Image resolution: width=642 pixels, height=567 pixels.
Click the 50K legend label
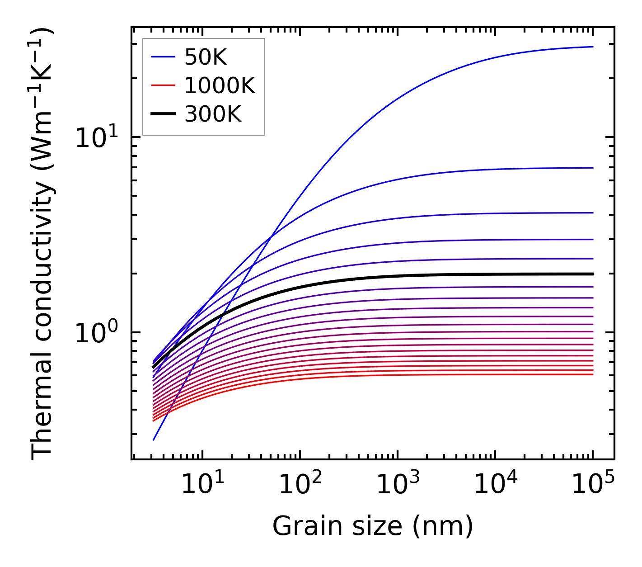(x=206, y=57)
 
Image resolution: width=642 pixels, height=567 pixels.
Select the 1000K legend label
(x=220, y=85)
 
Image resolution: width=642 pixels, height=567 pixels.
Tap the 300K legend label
(x=213, y=114)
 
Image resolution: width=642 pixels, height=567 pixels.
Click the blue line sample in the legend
(x=163, y=57)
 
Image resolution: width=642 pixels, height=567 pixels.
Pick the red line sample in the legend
(x=163, y=85)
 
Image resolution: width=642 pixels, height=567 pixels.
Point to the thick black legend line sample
(x=163, y=114)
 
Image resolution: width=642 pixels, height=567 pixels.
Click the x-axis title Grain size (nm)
(x=373, y=526)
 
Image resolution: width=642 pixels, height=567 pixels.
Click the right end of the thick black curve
(x=592, y=274)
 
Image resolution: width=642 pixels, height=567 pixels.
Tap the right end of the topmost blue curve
(x=592, y=47)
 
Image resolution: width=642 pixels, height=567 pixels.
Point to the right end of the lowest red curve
(x=592, y=374)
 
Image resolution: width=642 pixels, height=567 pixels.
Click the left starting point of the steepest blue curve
(x=154, y=439)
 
